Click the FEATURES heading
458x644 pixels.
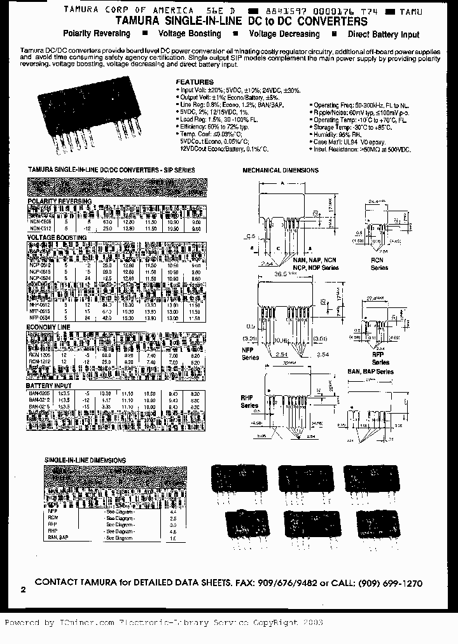pos(195,82)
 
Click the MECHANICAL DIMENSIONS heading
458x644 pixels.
pos(281,171)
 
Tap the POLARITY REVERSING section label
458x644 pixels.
pos(59,201)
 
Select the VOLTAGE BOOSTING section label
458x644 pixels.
pos(57,237)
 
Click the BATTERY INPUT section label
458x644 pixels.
pos(49,386)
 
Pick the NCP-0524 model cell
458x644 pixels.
pos(40,279)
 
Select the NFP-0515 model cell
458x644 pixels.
pos(40,311)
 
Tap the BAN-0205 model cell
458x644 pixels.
pos(40,395)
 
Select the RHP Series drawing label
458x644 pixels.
pos(249,401)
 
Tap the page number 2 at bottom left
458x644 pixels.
pos(24,590)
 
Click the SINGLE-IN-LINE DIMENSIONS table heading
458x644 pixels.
pos(85,459)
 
